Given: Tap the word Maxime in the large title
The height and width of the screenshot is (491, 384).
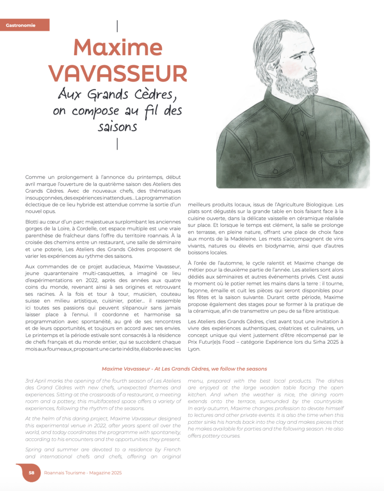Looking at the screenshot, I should pos(117,47).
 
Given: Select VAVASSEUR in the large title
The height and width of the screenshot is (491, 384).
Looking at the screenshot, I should pos(117,73).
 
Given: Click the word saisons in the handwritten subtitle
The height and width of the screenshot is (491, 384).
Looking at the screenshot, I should pos(117,127).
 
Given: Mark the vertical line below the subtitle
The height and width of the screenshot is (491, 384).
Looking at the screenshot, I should pos(118,143).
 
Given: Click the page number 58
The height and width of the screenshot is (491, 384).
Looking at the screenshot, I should pos(31,472).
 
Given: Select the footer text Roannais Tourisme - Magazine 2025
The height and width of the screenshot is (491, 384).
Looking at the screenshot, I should pos(82,472).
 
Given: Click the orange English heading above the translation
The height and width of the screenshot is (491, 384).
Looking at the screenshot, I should pos(185,369).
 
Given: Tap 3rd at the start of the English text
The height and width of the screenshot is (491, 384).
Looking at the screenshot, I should pos(31,381).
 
